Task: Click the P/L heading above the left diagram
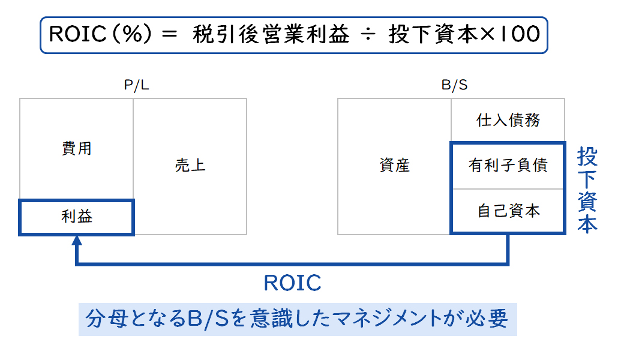point(137,85)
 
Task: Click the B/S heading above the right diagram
point(454,85)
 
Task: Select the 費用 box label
point(77,148)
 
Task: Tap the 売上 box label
point(190,165)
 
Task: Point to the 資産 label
point(394,165)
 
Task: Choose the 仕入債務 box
point(508,120)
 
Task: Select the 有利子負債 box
point(508,166)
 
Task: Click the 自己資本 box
point(508,211)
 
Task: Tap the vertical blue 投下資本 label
point(587,190)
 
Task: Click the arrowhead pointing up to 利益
point(77,240)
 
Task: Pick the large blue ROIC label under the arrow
point(293,283)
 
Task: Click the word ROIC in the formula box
point(77,34)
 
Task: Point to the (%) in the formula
point(132,34)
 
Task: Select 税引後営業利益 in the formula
point(271,34)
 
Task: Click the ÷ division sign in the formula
point(368,35)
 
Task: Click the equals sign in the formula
point(170,35)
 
